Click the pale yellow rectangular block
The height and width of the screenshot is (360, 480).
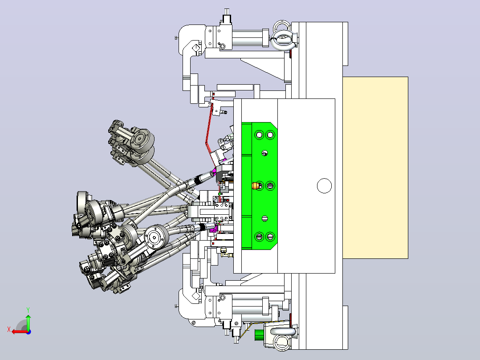click(x=375, y=168)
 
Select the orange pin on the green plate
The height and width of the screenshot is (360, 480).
click(x=255, y=186)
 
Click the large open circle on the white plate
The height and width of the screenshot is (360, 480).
click(x=324, y=186)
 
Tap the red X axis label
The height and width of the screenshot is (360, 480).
click(x=9, y=330)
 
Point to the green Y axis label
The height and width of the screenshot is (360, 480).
click(x=28, y=310)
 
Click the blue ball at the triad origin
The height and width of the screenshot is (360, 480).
click(x=28, y=332)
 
